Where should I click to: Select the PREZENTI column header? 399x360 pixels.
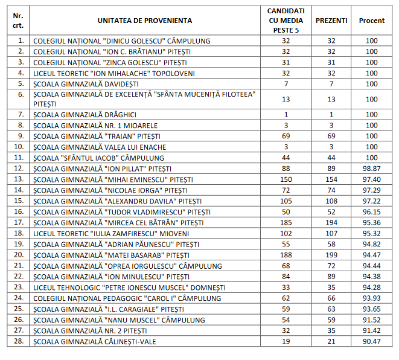click(331, 21)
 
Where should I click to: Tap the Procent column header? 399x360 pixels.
click(371, 21)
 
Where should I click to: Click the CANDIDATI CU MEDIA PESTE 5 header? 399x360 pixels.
click(286, 21)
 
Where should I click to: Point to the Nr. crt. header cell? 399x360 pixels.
click(19, 21)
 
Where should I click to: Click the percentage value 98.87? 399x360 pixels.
click(371, 169)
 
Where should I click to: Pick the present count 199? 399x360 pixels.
click(331, 256)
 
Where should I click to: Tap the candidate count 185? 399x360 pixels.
click(286, 223)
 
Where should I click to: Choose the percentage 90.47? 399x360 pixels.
click(371, 342)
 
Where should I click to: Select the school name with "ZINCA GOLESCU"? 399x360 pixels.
click(110, 62)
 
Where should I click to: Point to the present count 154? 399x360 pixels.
click(331, 179)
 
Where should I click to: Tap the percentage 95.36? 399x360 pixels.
click(371, 223)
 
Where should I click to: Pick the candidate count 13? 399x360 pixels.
click(286, 99)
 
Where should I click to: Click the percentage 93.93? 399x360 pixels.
click(371, 298)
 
